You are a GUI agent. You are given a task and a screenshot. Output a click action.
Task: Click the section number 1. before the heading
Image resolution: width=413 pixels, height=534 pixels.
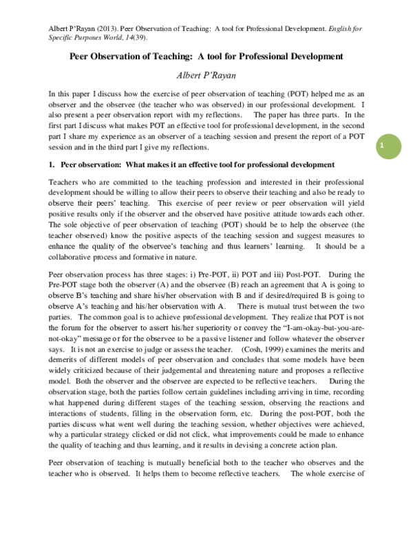[x=52, y=166]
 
